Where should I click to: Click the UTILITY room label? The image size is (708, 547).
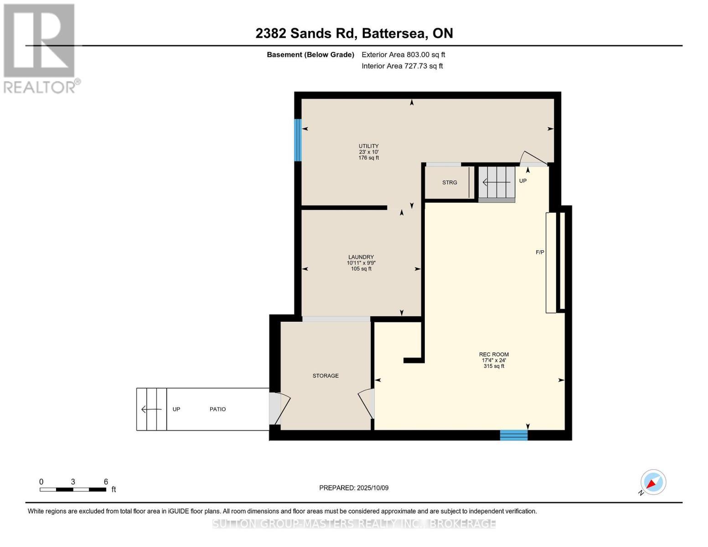(x=368, y=146)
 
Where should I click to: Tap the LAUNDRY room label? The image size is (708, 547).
(x=361, y=257)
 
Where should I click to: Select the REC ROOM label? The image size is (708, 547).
(x=494, y=354)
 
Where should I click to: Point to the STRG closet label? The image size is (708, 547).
(x=450, y=182)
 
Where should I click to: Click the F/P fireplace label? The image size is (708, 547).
(x=540, y=252)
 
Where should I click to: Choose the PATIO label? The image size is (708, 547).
(x=217, y=409)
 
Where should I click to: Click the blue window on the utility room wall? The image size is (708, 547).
(x=298, y=140)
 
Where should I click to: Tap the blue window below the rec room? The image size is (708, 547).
(x=513, y=435)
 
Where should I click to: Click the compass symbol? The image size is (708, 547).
(x=653, y=482)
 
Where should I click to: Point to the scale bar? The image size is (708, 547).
(x=73, y=490)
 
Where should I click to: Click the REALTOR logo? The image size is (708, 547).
(x=40, y=48)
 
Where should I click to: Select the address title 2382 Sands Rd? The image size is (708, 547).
(x=354, y=33)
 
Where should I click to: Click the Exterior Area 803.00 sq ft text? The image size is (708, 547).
(x=403, y=55)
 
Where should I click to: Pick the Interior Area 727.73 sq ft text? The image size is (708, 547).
(x=402, y=66)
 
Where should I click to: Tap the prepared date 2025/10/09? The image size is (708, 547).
(x=354, y=488)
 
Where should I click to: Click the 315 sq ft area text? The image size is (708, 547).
(x=494, y=366)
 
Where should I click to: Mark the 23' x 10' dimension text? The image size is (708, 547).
(x=368, y=152)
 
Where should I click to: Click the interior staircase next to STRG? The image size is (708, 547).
(x=496, y=183)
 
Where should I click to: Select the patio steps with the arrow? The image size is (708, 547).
(x=152, y=409)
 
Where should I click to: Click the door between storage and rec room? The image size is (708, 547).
(x=367, y=403)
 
